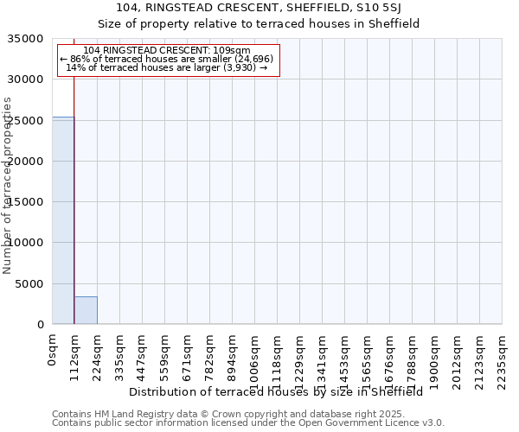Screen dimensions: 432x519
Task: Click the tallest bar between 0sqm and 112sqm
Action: click(x=63, y=220)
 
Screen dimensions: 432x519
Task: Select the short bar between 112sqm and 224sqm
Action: click(x=86, y=310)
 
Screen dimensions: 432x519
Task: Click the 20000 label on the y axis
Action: click(x=26, y=162)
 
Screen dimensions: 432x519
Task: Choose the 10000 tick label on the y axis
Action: click(x=26, y=243)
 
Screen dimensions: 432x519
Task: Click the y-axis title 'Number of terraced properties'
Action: click(x=8, y=185)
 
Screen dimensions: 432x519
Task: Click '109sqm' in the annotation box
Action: click(x=232, y=50)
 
